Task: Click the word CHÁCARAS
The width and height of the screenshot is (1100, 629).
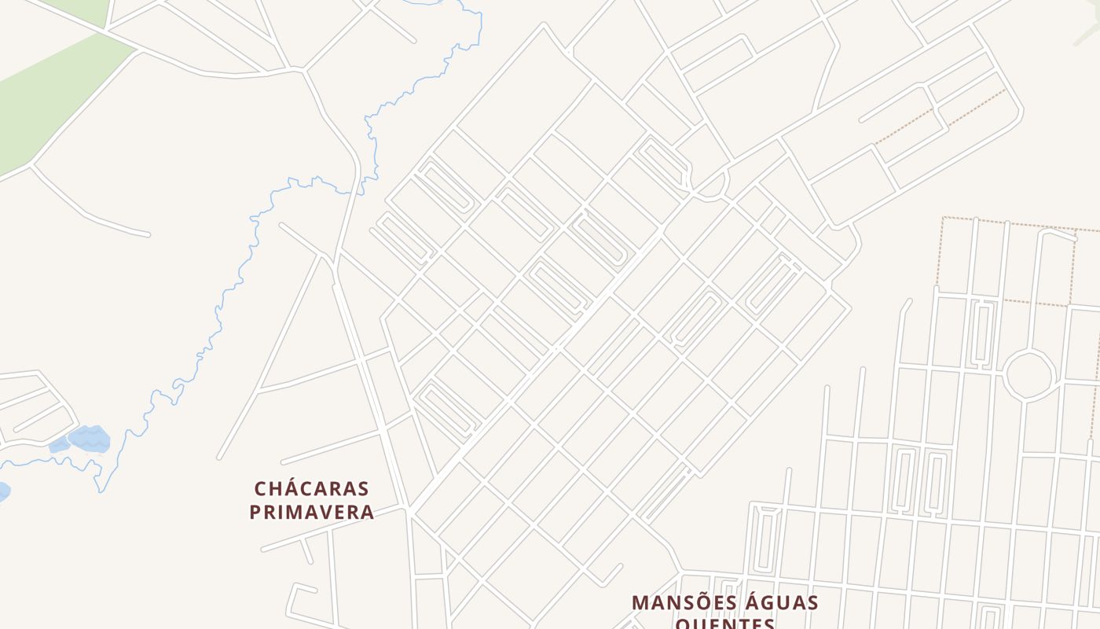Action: (x=311, y=488)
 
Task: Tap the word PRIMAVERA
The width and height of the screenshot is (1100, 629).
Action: (x=311, y=512)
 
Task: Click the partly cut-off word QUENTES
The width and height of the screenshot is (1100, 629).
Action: (x=724, y=623)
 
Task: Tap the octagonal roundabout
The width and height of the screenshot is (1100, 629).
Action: (x=1028, y=375)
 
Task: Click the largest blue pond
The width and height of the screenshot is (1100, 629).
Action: (x=89, y=438)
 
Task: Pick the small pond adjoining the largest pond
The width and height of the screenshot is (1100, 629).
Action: (x=59, y=446)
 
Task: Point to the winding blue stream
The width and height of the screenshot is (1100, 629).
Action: (x=236, y=283)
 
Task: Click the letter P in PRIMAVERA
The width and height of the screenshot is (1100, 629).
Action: (x=255, y=512)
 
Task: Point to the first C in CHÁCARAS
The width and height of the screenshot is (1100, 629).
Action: (x=261, y=488)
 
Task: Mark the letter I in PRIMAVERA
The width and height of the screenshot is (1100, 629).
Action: (x=284, y=512)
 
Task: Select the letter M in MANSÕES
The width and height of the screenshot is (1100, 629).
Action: (x=640, y=603)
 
